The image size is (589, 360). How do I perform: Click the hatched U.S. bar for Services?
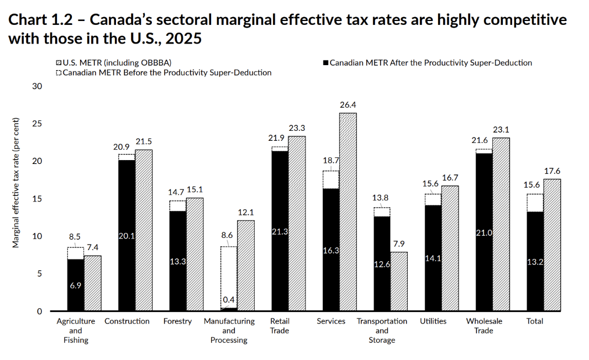pyautogui.click(x=348, y=212)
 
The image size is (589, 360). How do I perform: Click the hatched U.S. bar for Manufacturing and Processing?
pyautogui.click(x=246, y=266)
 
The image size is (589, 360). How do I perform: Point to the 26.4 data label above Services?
pyautogui.click(x=348, y=105)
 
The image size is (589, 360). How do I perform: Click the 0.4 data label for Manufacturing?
pyautogui.click(x=229, y=300)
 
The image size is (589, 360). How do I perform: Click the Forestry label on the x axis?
pyautogui.click(x=177, y=321)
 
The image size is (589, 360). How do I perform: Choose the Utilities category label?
pyautogui.click(x=433, y=321)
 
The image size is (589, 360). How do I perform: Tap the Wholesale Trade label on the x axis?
pyautogui.click(x=484, y=326)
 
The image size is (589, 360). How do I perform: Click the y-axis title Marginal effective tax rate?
pyautogui.click(x=16, y=183)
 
